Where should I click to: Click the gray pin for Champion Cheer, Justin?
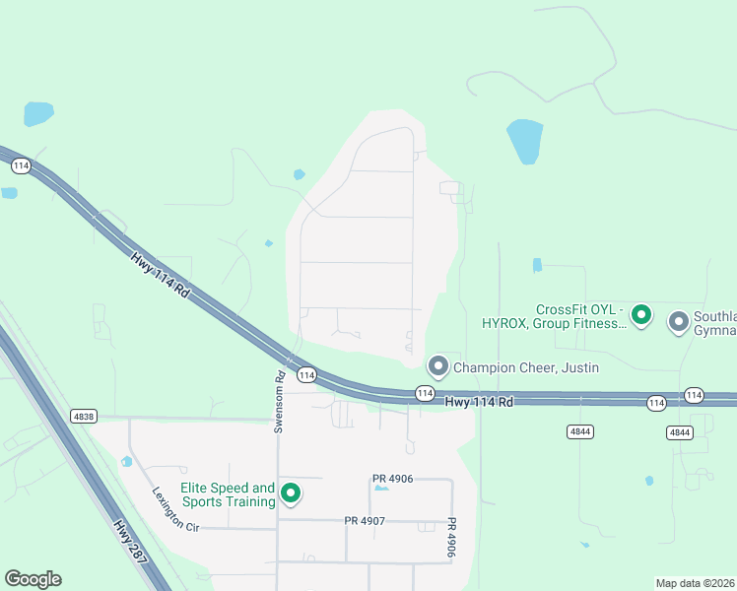pyautogui.click(x=438, y=366)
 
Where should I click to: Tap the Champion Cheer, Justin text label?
pyautogui.click(x=526, y=368)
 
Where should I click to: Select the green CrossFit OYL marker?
pyautogui.click(x=641, y=315)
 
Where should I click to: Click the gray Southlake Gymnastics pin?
pyautogui.click(x=679, y=321)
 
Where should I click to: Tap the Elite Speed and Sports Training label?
pyautogui.click(x=228, y=494)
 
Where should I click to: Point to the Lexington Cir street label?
pyautogui.click(x=176, y=509)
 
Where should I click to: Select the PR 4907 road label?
pyautogui.click(x=365, y=520)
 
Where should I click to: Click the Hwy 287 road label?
pyautogui.click(x=131, y=541)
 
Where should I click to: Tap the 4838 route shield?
pyautogui.click(x=84, y=417)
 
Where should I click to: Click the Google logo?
pyautogui.click(x=33, y=579)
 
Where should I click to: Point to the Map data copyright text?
pyautogui.click(x=695, y=583)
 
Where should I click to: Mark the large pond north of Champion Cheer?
pyautogui.click(x=524, y=141)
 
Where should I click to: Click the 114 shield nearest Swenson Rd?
pyautogui.click(x=306, y=374)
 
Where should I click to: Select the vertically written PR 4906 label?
pyautogui.click(x=452, y=538)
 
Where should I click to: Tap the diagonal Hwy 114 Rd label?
pyautogui.click(x=158, y=274)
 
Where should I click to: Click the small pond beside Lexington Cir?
pyautogui.click(x=126, y=461)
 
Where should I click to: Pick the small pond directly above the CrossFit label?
pyautogui.click(x=537, y=265)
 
